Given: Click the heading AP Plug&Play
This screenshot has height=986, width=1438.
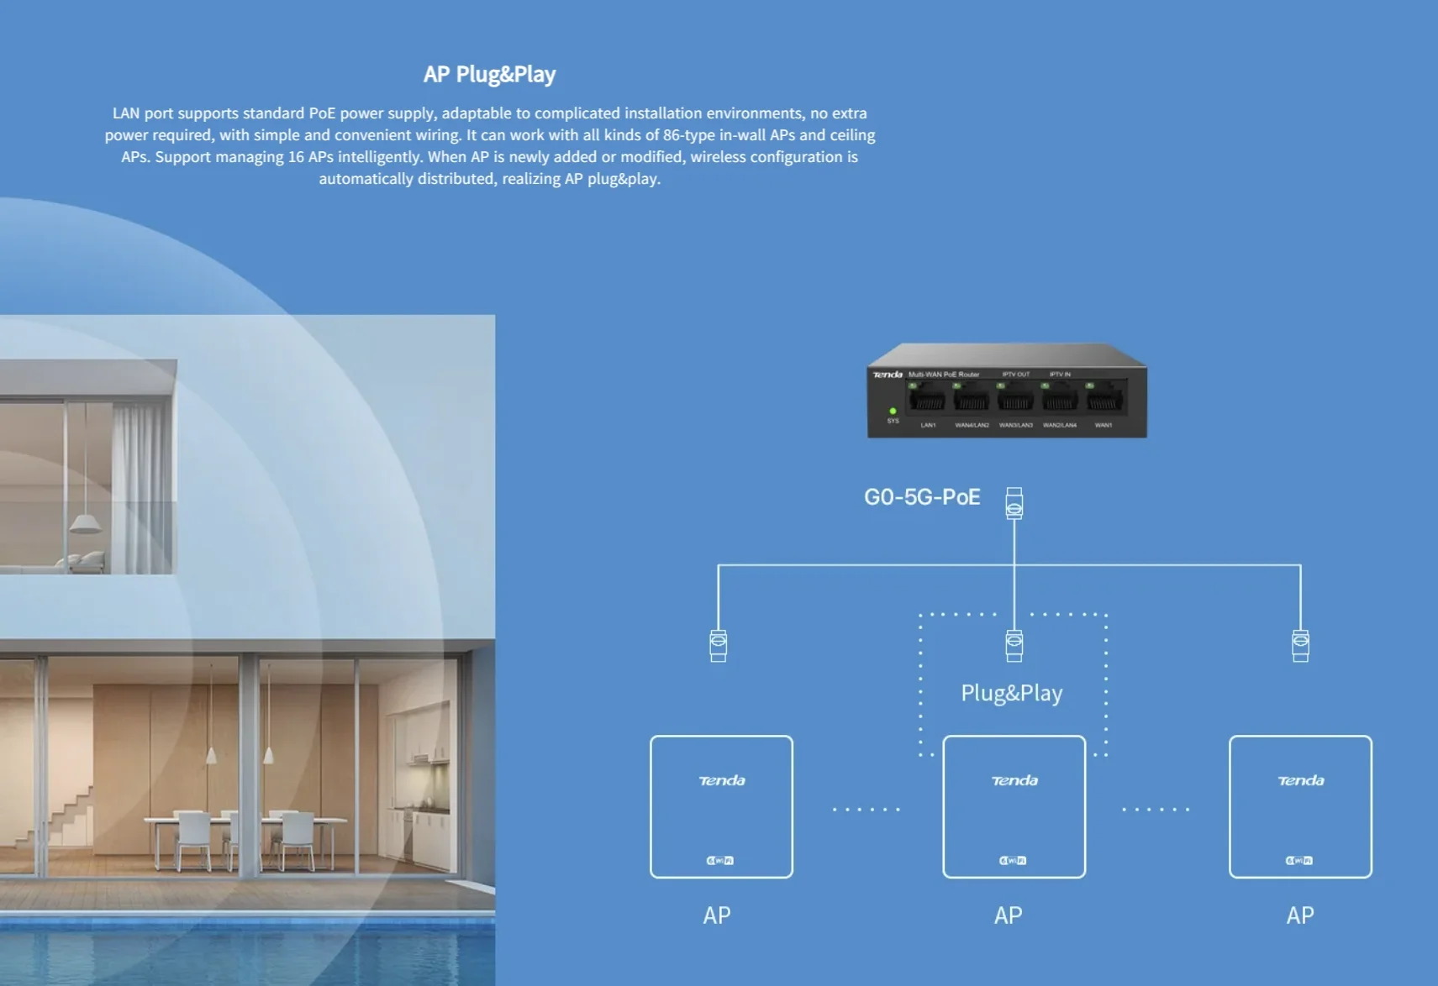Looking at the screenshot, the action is [489, 74].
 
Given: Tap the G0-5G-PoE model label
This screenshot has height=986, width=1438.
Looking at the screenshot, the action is [922, 497].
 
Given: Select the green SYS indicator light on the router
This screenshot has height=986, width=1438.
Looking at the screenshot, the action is [893, 411].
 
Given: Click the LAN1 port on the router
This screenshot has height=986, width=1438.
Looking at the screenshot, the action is [927, 398].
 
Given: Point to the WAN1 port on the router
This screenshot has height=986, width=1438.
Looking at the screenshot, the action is [1104, 398].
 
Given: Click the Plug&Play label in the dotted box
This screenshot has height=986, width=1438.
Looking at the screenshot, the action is [1011, 693].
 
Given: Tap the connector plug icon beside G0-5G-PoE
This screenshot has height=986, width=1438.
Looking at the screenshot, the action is [1014, 503].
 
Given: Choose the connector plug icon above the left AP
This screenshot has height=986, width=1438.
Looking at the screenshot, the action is [718, 645].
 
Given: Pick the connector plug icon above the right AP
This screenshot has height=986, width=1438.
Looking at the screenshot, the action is [1300, 645].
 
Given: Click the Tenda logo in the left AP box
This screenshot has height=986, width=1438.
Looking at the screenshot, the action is [722, 781].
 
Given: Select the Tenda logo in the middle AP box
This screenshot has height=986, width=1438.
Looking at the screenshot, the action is [1014, 781].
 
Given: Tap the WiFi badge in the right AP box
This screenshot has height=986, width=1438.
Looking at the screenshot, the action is [1299, 860].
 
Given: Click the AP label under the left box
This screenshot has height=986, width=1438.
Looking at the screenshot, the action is [716, 915].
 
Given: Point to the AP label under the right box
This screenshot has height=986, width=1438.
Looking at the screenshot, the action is [1299, 915].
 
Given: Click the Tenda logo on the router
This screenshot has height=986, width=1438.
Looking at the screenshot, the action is [888, 375].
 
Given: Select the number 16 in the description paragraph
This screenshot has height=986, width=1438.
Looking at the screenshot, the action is [296, 157].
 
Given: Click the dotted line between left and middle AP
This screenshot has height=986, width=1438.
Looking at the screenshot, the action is [866, 810].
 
